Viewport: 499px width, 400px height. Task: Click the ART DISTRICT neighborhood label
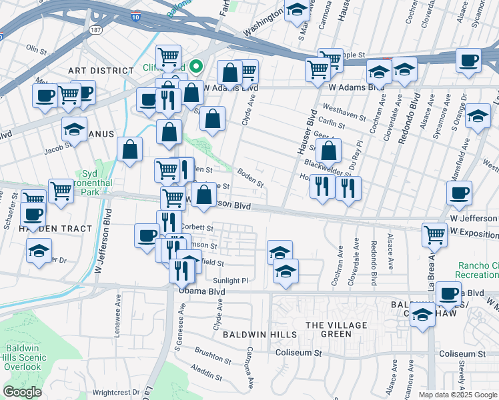[x=101, y=71]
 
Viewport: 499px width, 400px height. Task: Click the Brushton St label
[x=213, y=351]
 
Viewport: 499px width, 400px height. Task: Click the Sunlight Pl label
[x=231, y=281]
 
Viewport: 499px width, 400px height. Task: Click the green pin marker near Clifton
[x=195, y=66]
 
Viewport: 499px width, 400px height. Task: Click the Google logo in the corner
[x=22, y=392]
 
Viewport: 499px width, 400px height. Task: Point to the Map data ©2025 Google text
[x=458, y=395]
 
